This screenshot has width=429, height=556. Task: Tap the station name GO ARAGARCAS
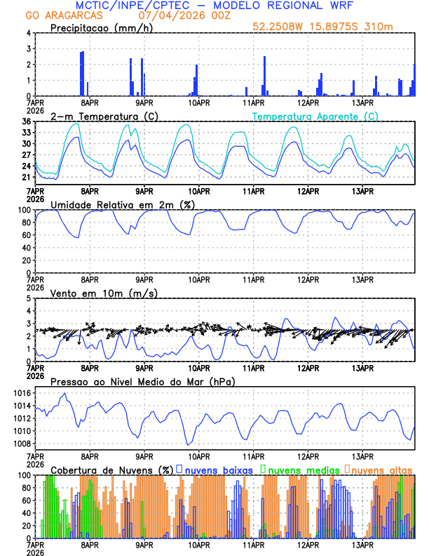click(62, 15)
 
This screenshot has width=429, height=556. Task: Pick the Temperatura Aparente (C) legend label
click(315, 116)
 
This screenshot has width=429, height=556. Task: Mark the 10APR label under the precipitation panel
click(198, 102)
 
